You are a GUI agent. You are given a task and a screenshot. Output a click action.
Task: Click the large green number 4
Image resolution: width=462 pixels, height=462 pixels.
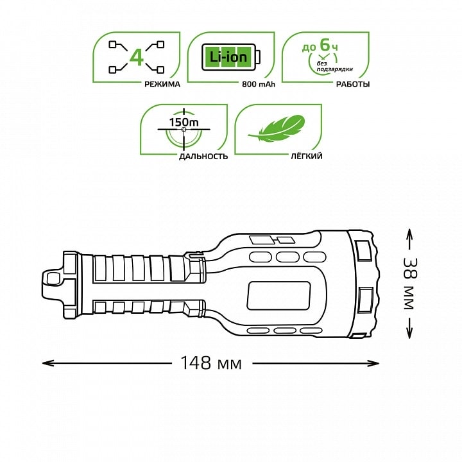(x=137, y=58)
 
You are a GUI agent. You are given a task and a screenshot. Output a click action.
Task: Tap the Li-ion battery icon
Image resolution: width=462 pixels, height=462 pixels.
(x=231, y=57)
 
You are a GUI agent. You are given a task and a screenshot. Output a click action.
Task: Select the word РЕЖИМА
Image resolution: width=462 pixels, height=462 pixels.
(x=162, y=84)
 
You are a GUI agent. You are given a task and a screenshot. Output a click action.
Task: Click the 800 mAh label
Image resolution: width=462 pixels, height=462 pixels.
(x=259, y=84)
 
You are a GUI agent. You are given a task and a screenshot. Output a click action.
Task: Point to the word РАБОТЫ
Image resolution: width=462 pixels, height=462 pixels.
(x=353, y=84)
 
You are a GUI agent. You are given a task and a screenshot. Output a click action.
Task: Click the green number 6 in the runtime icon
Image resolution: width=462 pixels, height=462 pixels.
(x=325, y=45)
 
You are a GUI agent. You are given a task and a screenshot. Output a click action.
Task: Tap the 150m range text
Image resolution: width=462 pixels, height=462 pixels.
(x=184, y=122)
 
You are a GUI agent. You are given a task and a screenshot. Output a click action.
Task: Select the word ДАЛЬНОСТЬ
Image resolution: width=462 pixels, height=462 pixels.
(x=203, y=156)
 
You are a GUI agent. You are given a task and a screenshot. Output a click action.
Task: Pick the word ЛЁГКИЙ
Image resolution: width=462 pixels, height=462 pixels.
(x=307, y=156)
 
